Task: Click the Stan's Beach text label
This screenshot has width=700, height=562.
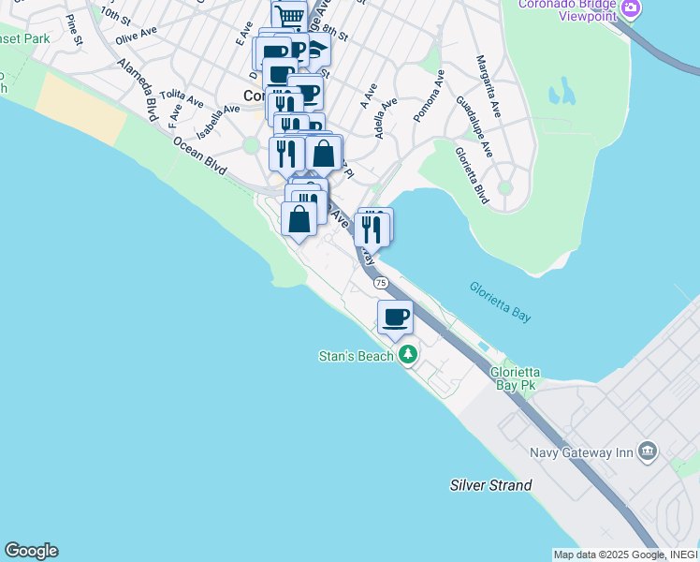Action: pos(357,357)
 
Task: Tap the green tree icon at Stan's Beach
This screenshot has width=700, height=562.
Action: pos(408,355)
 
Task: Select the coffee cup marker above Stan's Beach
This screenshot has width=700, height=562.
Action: pos(395,318)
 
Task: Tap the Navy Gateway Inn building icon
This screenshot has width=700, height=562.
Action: pos(648,452)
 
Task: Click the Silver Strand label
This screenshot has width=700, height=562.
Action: pos(490,485)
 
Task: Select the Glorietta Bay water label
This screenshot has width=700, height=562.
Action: pos(500,303)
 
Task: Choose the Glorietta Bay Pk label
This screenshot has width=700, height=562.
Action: pos(516,377)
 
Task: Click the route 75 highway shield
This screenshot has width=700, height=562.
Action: pos(380,282)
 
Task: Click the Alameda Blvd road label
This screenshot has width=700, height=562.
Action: pos(138,91)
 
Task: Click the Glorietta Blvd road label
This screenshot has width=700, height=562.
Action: pos(472,175)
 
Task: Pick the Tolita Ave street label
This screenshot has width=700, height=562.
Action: pos(182,97)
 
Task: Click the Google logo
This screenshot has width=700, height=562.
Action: pos(31,551)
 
